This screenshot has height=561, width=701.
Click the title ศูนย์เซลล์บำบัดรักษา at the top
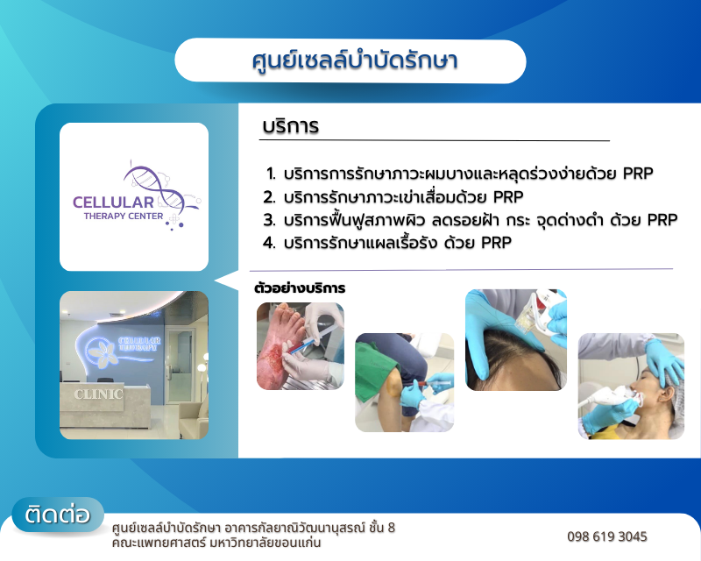click(x=355, y=61)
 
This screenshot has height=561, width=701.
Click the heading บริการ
click(x=291, y=126)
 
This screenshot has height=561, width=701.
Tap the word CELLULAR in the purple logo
click(x=113, y=202)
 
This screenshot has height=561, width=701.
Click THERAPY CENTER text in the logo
click(x=124, y=217)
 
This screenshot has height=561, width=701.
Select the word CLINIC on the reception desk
click(x=98, y=394)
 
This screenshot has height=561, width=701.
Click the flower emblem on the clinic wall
click(x=101, y=351)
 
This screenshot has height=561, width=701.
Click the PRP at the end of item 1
click(x=638, y=174)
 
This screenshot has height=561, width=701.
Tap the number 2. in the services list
click(x=269, y=197)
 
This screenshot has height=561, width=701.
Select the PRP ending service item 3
click(x=662, y=220)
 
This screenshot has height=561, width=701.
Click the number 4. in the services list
click(x=269, y=243)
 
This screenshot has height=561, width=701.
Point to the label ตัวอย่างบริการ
click(x=300, y=288)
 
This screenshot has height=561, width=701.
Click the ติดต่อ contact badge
click(x=58, y=515)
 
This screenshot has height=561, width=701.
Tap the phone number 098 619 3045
click(x=606, y=536)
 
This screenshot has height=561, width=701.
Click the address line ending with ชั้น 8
click(x=253, y=528)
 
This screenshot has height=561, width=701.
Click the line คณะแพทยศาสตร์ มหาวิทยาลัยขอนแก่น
click(x=216, y=543)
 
